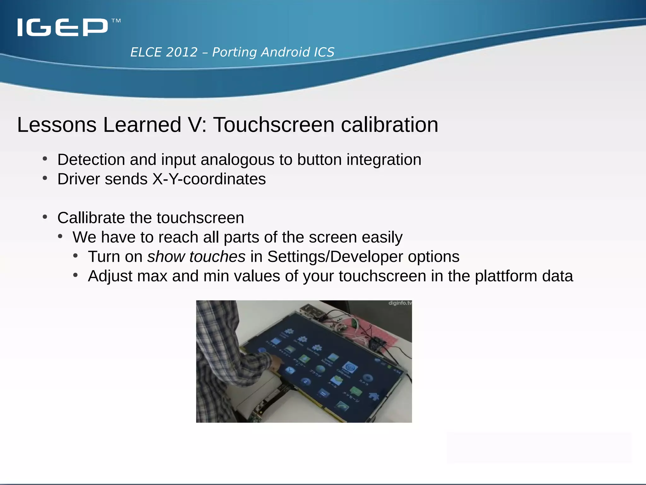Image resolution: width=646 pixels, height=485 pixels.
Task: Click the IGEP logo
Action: point(62,27)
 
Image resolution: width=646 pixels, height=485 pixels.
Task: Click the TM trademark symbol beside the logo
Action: point(116,21)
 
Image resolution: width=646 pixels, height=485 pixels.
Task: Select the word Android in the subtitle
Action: point(285,52)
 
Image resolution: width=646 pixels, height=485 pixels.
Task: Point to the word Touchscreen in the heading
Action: point(273,125)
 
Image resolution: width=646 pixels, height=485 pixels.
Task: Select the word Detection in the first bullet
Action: point(91,159)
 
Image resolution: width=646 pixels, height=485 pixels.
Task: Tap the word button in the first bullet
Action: point(319,159)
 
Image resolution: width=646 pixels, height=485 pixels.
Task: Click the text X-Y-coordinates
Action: point(209,179)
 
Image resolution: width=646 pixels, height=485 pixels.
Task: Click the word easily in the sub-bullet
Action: point(382,237)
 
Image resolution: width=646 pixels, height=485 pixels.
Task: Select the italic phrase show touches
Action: point(196,256)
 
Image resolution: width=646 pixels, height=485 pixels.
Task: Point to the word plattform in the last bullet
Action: point(506,276)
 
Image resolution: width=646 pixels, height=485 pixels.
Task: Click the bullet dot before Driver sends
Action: point(45,178)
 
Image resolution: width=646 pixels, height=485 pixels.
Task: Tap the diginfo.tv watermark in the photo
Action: point(400,303)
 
